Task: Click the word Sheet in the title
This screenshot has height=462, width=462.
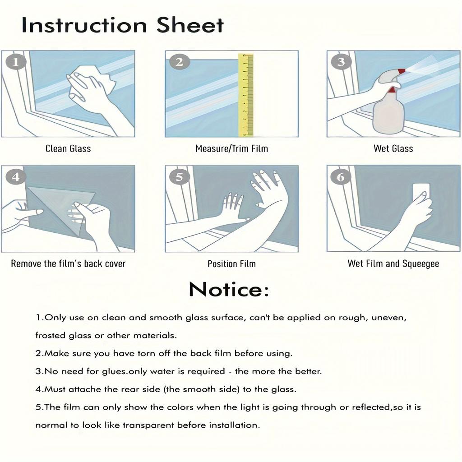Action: pyautogui.click(x=190, y=25)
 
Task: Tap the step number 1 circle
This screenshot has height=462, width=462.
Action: pyautogui.click(x=16, y=62)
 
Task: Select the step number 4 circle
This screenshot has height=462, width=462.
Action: pyautogui.click(x=16, y=177)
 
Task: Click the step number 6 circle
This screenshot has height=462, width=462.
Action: pyautogui.click(x=341, y=177)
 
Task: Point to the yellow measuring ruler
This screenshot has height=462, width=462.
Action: pyautogui.click(x=246, y=95)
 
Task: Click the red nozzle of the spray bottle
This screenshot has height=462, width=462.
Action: pyautogui.click(x=401, y=71)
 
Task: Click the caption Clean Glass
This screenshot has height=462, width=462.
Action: pyautogui.click(x=68, y=148)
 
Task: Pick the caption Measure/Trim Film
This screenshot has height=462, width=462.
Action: pyautogui.click(x=231, y=148)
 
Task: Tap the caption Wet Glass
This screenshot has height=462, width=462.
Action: pyautogui.click(x=393, y=148)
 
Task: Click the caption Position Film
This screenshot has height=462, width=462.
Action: pyautogui.click(x=231, y=263)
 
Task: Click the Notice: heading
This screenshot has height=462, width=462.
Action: pyautogui.click(x=229, y=289)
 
